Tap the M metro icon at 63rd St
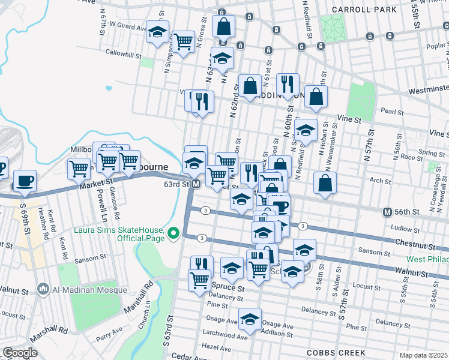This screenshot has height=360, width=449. pyautogui.click(x=196, y=184)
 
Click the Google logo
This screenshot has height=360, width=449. pyautogui.click(x=20, y=353)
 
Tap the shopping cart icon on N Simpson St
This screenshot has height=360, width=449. pyautogui.click(x=184, y=41)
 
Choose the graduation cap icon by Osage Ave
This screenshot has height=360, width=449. pyautogui.click(x=250, y=319)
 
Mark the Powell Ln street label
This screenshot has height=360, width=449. pyautogui.click(x=96, y=200)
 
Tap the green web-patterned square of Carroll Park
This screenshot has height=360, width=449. pyautogui.click(x=330, y=26)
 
